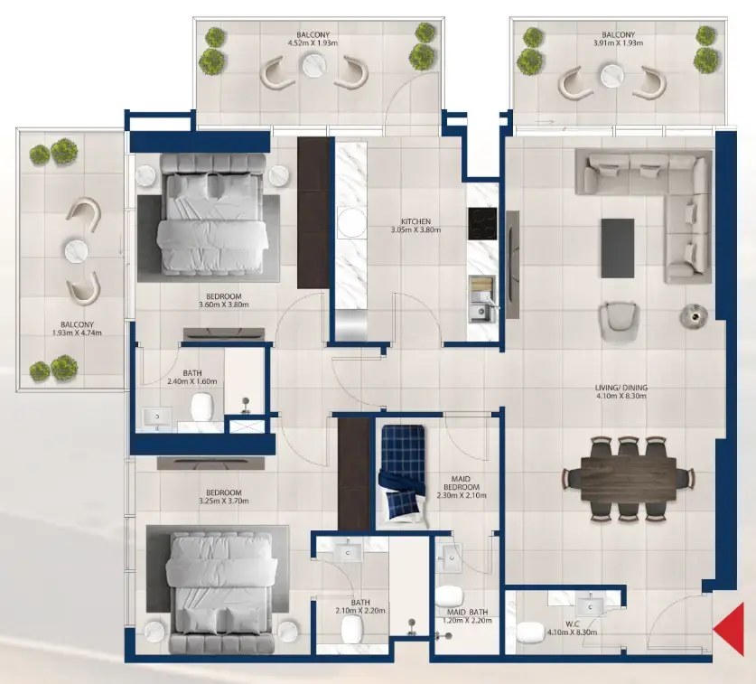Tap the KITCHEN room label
(415, 220)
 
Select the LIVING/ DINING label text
(621, 388)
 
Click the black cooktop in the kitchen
(481, 221)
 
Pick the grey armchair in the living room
(621, 318)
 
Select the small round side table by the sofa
(692, 314)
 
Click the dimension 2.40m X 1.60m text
(188, 382)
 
